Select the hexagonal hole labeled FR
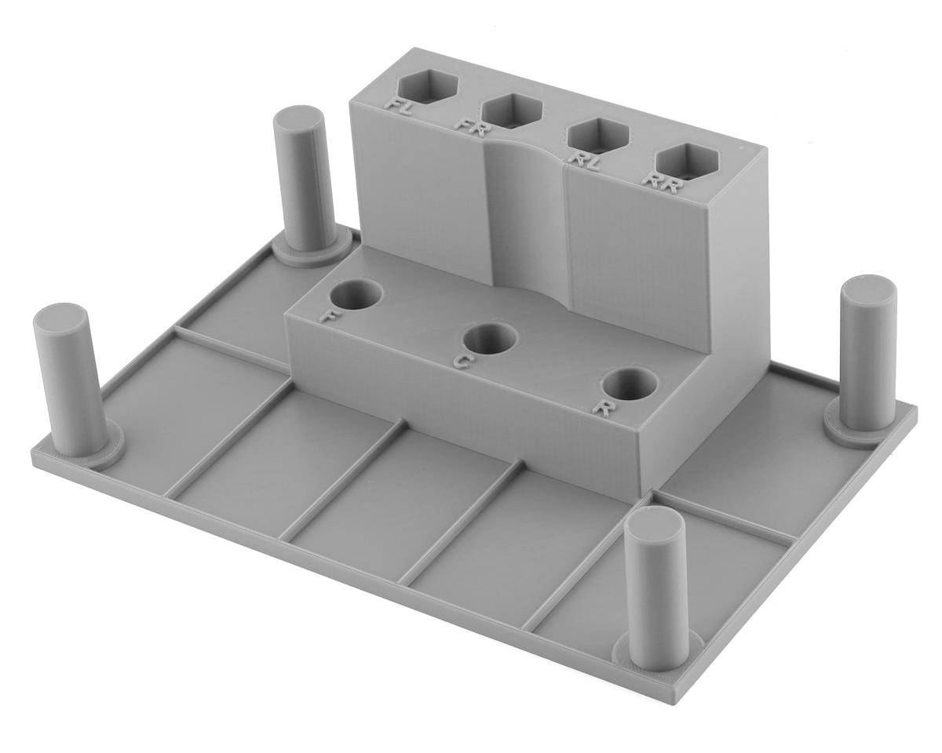(x=513, y=111)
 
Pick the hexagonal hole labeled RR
(x=685, y=160)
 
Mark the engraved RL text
(x=585, y=162)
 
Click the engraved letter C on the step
(x=464, y=362)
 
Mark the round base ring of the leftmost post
(x=90, y=451)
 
